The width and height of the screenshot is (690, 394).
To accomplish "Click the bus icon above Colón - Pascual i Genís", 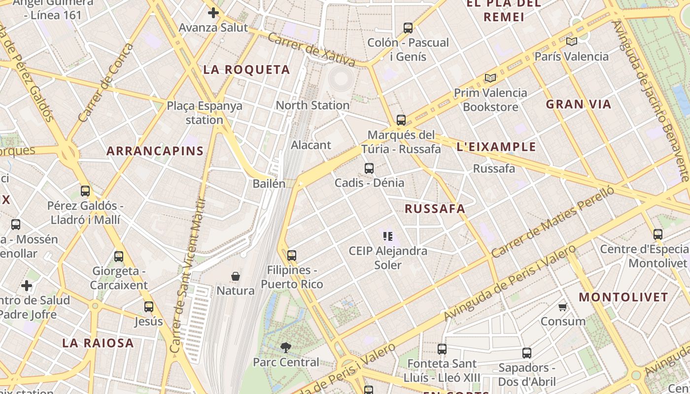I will point(408,28).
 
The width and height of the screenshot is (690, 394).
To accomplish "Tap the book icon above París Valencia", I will point(571,42).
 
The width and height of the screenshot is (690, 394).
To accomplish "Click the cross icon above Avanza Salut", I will point(213,13).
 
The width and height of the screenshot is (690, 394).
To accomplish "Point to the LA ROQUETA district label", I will point(246,70).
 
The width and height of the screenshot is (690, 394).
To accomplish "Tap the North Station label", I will point(312,105).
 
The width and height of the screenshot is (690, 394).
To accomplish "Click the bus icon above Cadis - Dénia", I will point(369,168).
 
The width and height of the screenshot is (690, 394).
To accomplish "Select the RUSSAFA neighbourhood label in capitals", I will point(435,209).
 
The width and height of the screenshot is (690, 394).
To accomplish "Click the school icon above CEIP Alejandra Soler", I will point(388,236).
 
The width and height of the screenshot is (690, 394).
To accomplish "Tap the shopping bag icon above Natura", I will point(236,276).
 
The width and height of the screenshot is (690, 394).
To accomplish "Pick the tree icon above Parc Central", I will point(286,348).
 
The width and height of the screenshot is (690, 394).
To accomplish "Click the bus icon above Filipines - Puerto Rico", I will point(292,256).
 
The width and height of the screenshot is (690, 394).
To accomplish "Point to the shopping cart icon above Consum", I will point(562,307).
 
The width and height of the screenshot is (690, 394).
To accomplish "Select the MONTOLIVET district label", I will point(623,297).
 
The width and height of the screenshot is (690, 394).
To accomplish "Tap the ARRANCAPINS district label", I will point(155,151).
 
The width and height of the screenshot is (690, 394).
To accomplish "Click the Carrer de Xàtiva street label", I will point(311,49).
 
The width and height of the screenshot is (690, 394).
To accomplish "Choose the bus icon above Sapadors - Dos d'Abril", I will point(527,353).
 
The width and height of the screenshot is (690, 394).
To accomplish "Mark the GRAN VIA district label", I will point(578,104).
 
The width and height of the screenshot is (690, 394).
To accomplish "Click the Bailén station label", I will point(269,184).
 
